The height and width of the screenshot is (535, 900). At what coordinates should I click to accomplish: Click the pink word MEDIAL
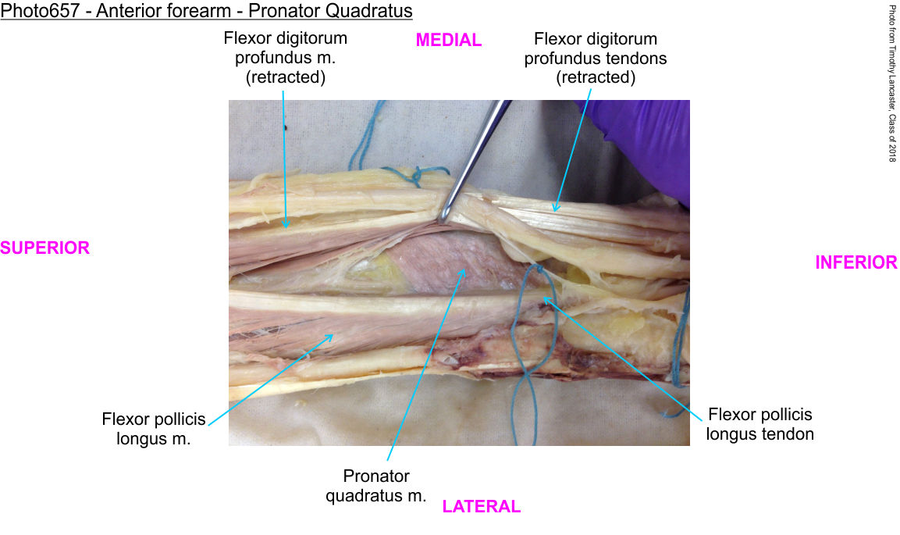pos(448,40)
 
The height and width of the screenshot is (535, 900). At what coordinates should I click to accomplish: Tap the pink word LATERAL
pos(481,506)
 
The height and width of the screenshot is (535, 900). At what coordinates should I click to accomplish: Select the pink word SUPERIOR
pos(44,248)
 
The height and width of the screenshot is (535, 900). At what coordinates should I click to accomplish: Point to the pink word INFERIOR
pos(856,262)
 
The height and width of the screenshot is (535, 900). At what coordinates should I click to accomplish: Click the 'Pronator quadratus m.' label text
pos(376,486)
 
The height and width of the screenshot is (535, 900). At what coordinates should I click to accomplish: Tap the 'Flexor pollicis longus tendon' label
pos(760,424)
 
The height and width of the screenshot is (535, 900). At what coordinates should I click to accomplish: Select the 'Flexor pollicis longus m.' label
pos(153,429)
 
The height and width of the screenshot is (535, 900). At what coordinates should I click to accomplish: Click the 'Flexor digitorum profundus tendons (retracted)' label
pos(596,58)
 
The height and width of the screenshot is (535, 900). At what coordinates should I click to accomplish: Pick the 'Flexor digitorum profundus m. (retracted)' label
pos(285,57)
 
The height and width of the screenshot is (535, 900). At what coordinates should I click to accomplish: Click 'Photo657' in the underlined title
pos(40,10)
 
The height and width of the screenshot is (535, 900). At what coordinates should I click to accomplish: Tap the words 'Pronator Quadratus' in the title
pos(330,10)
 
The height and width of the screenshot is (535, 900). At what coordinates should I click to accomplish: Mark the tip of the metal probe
pos(441,220)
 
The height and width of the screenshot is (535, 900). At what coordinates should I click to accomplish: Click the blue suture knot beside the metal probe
pos(418,173)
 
